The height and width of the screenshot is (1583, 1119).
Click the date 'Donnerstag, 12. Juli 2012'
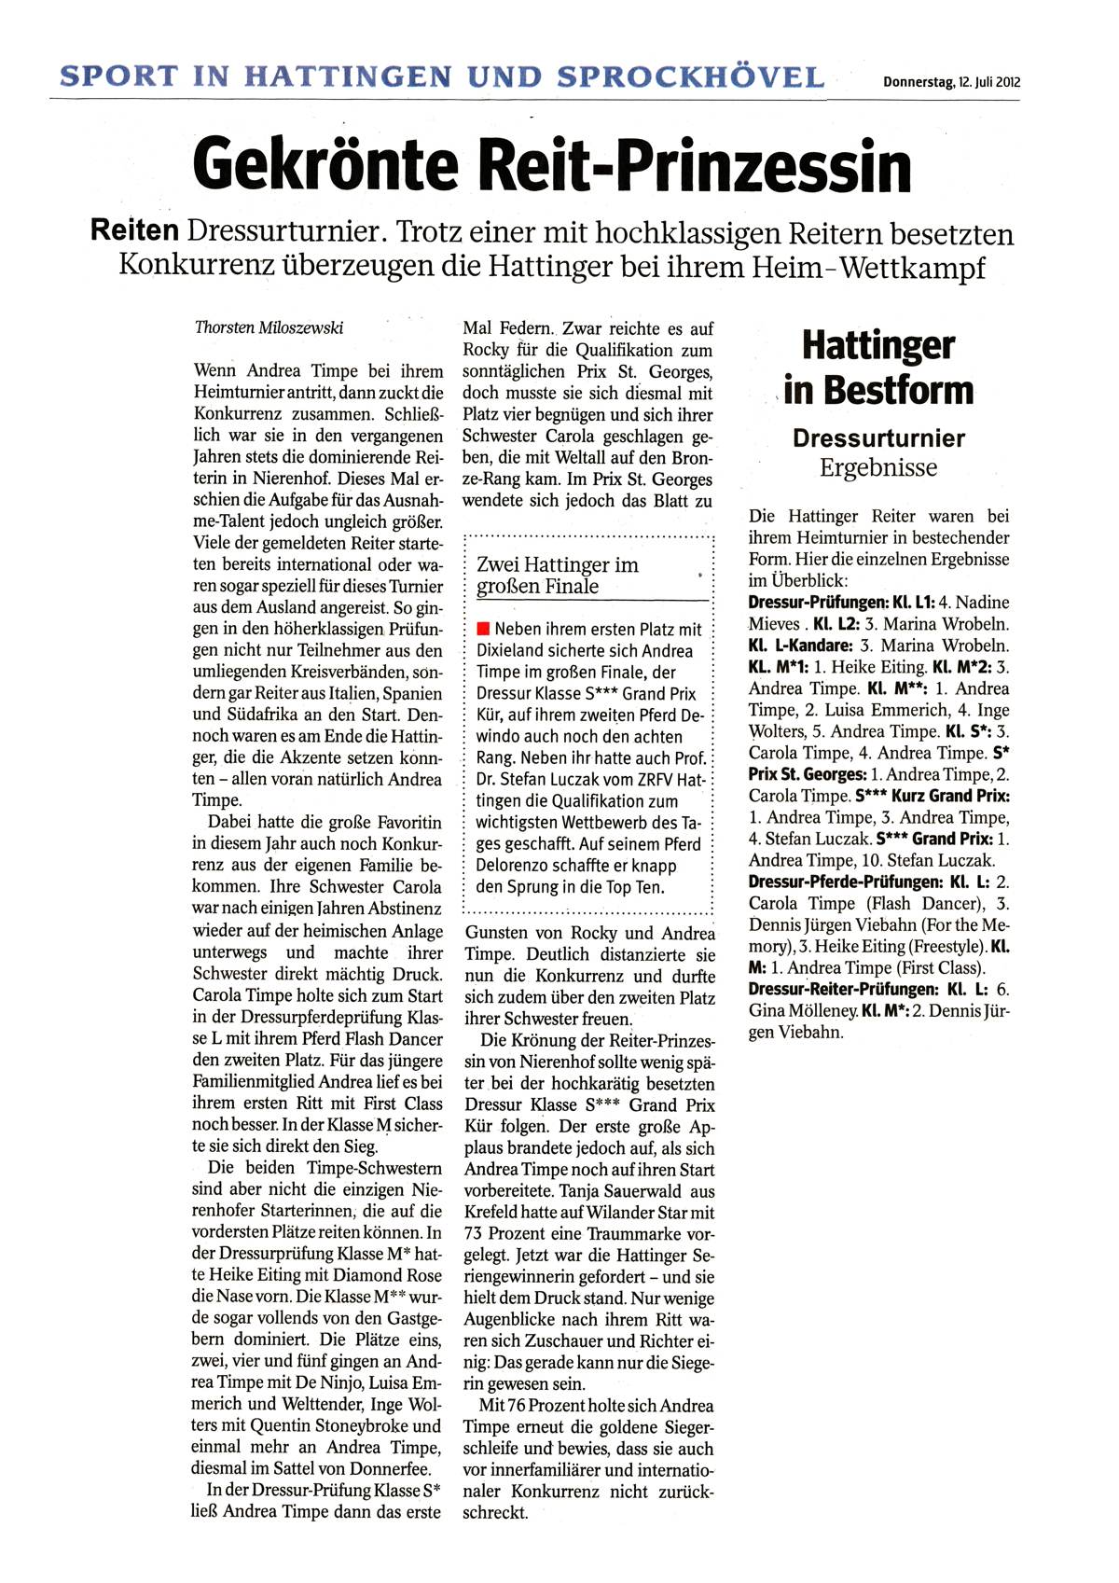[x=951, y=82]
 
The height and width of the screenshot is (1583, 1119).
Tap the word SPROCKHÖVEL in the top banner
[x=691, y=76]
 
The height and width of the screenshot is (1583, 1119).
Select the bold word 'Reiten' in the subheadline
[x=134, y=231]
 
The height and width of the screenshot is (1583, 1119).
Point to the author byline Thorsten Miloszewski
[x=269, y=327]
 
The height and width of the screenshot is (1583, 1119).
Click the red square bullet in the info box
[x=483, y=629]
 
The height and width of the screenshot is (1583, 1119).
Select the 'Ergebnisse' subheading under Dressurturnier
[x=878, y=468]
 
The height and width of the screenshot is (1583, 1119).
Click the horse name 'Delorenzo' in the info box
[x=515, y=866]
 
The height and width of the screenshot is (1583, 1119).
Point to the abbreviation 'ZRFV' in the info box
[x=643, y=780]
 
